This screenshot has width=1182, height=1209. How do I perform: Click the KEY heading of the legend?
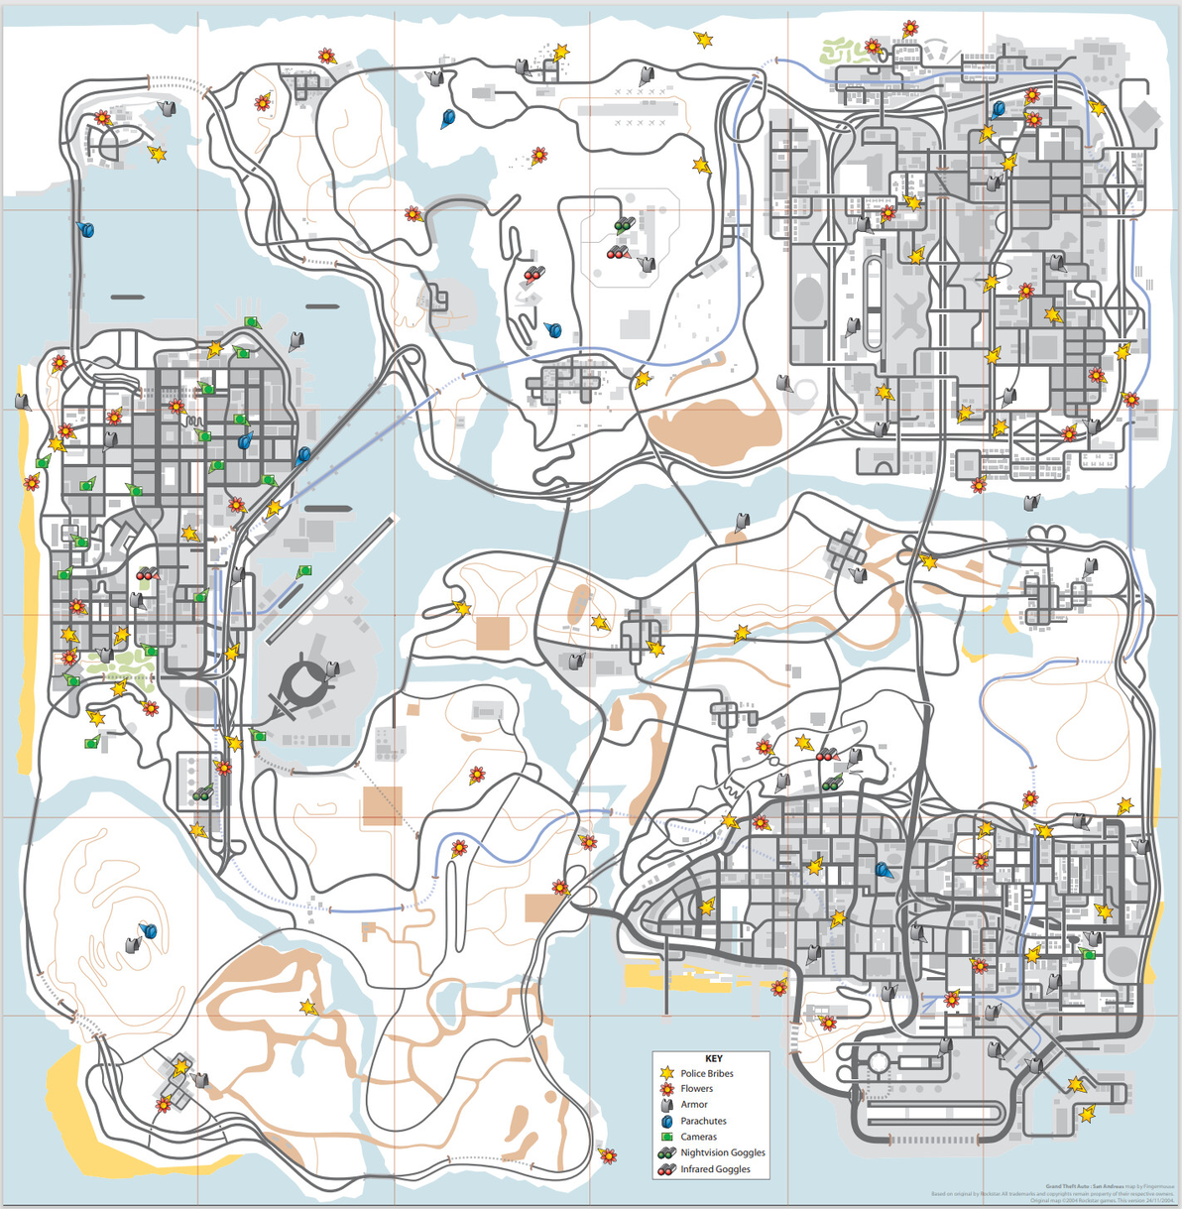pyautogui.click(x=712, y=1058)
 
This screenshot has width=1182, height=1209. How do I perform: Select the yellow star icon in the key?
pyautogui.click(x=667, y=1073)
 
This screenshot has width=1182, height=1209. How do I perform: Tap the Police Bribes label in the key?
pyautogui.click(x=706, y=1073)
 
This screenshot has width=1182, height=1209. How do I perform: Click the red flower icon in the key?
pyautogui.click(x=667, y=1089)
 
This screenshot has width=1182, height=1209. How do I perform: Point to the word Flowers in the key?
pyautogui.click(x=696, y=1089)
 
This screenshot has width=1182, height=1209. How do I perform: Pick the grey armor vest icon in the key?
pyautogui.click(x=667, y=1105)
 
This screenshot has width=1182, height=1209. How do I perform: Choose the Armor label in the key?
pyautogui.click(x=694, y=1105)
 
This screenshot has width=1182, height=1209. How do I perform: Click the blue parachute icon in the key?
pyautogui.click(x=667, y=1121)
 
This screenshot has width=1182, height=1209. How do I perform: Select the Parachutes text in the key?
pyautogui.click(x=703, y=1121)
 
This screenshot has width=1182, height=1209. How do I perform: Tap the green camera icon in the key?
pyautogui.click(x=667, y=1137)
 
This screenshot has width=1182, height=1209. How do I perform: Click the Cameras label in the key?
pyautogui.click(x=698, y=1137)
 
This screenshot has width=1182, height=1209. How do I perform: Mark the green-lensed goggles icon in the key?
pyautogui.click(x=666, y=1153)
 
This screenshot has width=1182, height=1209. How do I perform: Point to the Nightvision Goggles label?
pyautogui.click(x=723, y=1153)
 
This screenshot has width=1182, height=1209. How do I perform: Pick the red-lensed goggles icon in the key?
pyautogui.click(x=666, y=1169)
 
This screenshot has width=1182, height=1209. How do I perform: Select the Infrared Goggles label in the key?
pyautogui.click(x=715, y=1169)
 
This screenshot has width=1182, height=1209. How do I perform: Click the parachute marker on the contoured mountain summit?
pyautogui.click(x=149, y=931)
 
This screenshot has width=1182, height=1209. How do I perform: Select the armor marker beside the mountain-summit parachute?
pyautogui.click(x=133, y=943)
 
